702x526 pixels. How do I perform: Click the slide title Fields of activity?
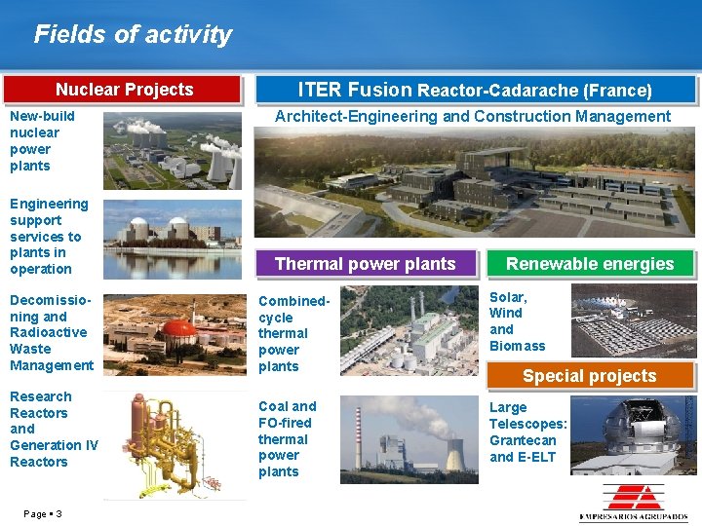click(133, 35)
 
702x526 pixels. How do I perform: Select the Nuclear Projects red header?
click(124, 90)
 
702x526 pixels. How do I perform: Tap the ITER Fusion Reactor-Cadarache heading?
click(475, 90)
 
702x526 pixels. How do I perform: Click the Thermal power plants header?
click(365, 264)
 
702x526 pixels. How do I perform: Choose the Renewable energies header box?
click(589, 264)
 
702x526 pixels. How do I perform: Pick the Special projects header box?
click(589, 376)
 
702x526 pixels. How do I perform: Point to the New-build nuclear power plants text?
click(42, 141)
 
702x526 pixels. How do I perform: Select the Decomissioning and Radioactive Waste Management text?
click(52, 333)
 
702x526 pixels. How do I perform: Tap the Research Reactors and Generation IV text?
click(53, 430)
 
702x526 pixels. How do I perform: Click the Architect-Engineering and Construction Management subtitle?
click(473, 117)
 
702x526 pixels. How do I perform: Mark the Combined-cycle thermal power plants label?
click(293, 334)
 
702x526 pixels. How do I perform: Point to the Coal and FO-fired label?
click(287, 438)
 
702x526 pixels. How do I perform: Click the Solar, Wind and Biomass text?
click(517, 321)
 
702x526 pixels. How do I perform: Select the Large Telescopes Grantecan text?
click(527, 432)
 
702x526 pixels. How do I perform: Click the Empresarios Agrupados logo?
click(633, 503)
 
